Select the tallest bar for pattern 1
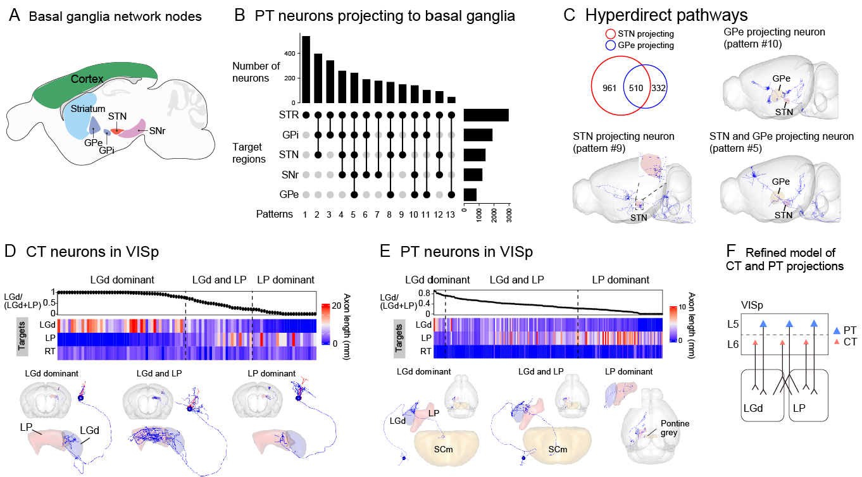(306, 69)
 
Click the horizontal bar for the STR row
(486, 115)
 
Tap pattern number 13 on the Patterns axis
(451, 214)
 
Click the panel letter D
(10, 251)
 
